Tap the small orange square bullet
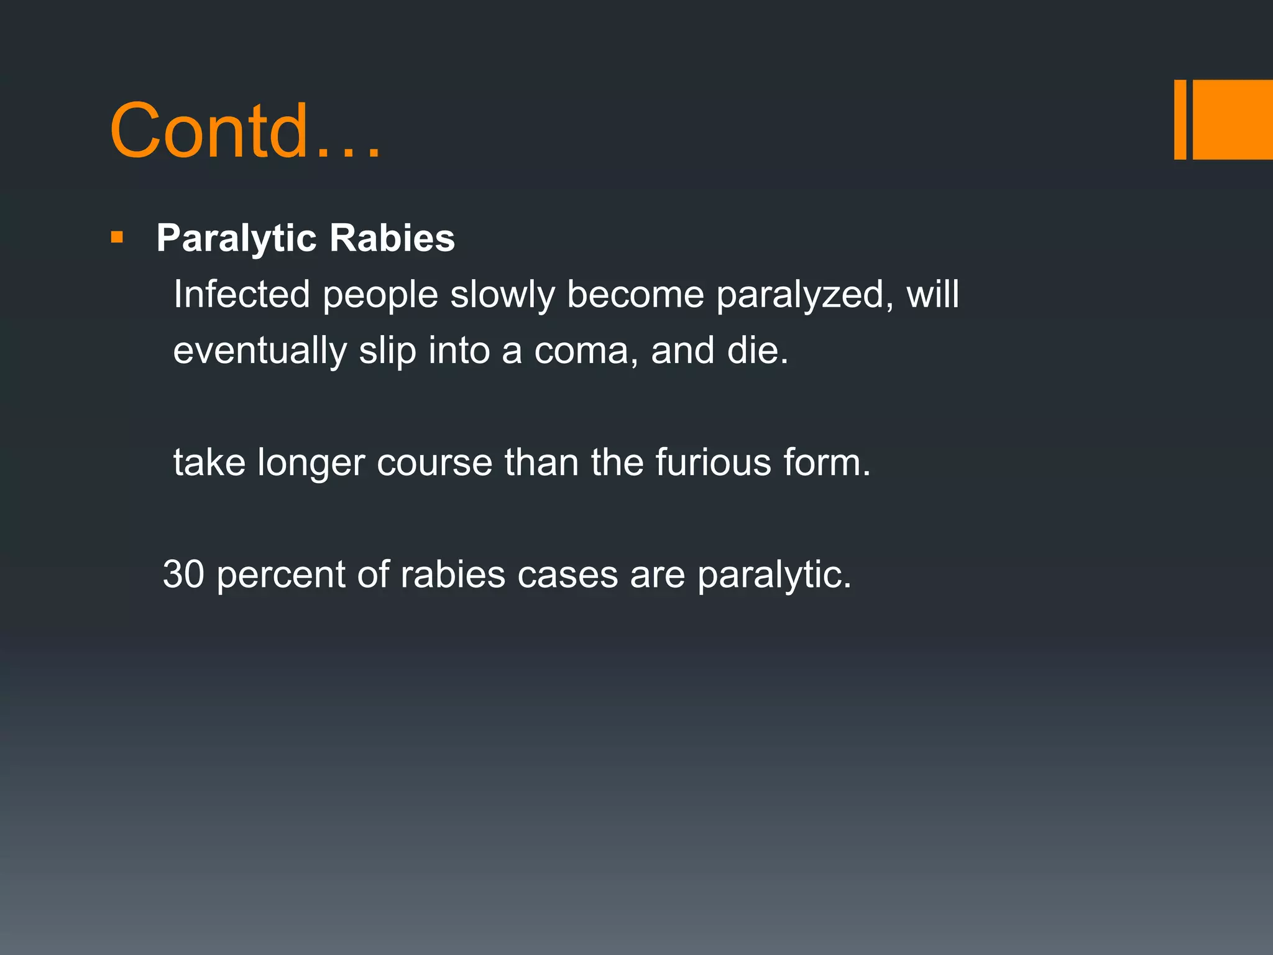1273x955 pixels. [117, 238]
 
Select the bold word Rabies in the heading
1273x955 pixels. [392, 238]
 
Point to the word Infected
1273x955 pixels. [241, 294]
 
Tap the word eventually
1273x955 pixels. [260, 351]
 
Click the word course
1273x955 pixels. [434, 463]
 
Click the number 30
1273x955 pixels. [183, 574]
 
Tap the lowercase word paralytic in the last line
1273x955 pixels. [774, 575]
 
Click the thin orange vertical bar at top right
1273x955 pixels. [1180, 119]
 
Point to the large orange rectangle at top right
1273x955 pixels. [1233, 119]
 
